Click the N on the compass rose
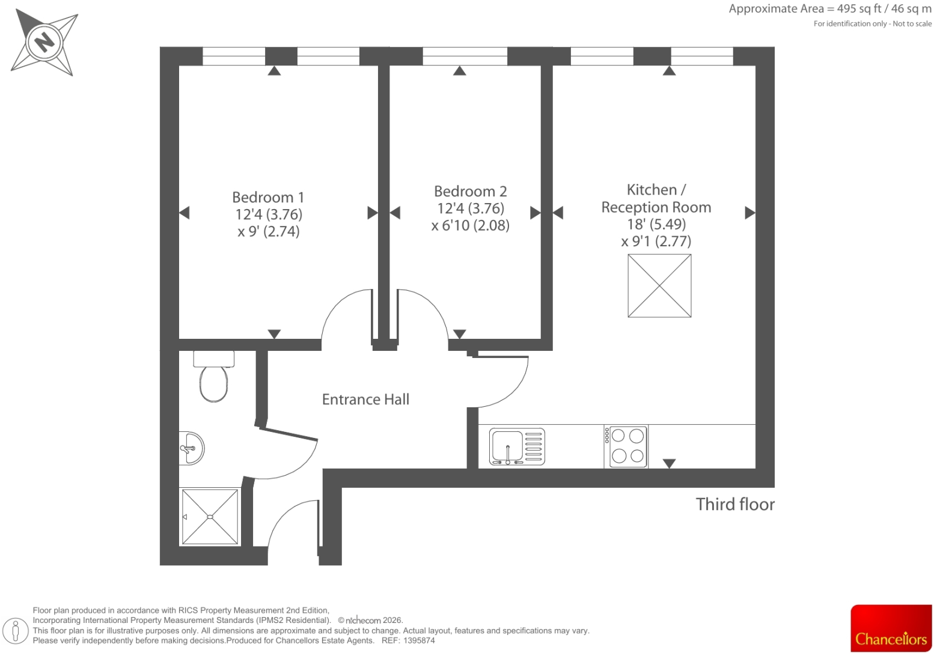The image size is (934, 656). pos(44,42)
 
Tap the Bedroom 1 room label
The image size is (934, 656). pos(268,197)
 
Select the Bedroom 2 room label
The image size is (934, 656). pos(471,191)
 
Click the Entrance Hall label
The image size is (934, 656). pos(365,399)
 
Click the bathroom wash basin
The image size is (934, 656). pos(191,448)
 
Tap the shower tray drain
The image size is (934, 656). pos(210,517)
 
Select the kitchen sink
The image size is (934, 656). pos(517,446)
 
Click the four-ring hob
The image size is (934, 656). pos(626,446)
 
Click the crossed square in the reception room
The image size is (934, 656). pos(659,286)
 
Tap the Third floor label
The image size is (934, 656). pos(735,504)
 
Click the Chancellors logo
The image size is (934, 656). pos(891,628)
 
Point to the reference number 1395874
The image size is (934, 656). pos(419,640)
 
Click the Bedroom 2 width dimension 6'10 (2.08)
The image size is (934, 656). pos(471,225)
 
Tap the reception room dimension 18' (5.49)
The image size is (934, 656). pos(656,224)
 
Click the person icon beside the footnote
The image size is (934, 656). pos(16,631)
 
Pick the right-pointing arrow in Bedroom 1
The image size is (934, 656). pos(373,213)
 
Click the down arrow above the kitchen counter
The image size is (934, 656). pos(669,463)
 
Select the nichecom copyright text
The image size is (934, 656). pos(370,620)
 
